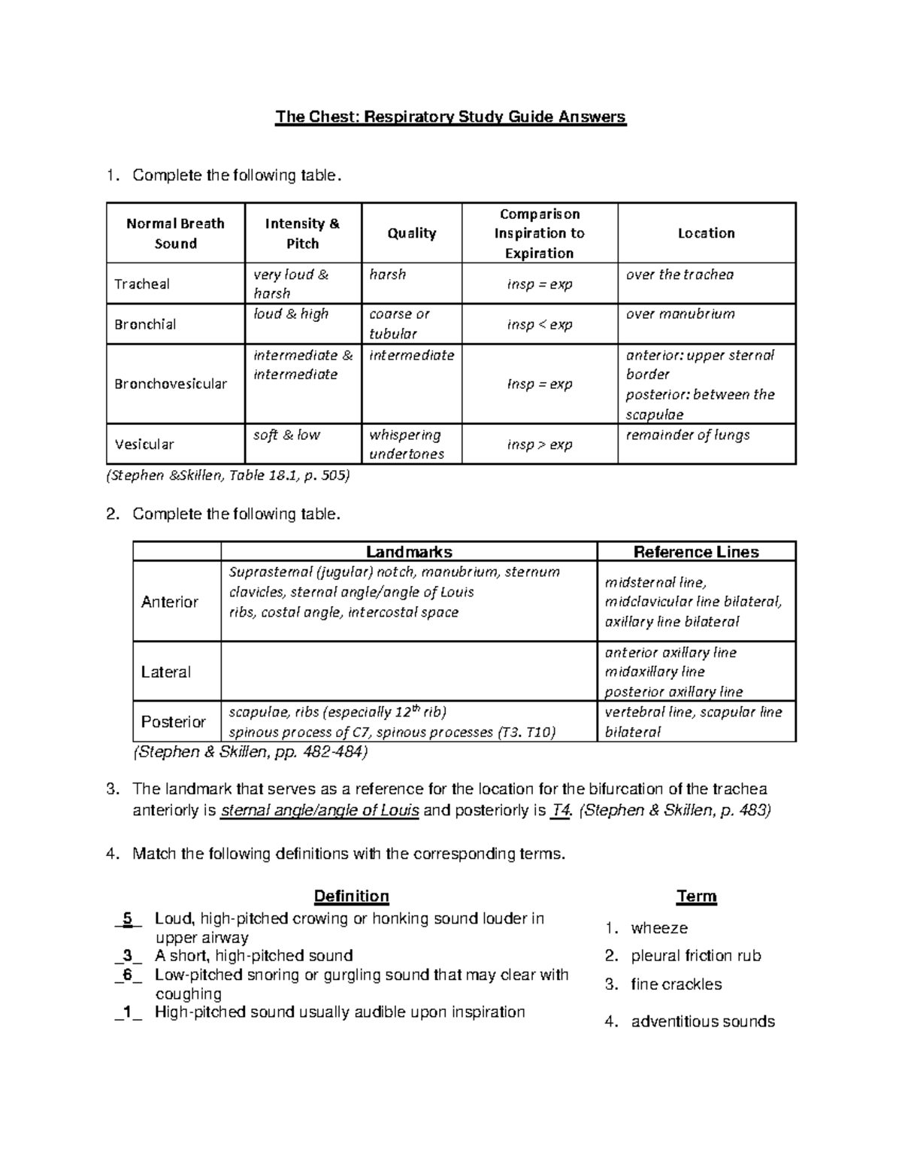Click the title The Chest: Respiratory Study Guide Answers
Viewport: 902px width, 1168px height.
coord(450,117)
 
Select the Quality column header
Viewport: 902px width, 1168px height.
coord(411,233)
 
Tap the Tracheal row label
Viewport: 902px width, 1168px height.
coord(142,284)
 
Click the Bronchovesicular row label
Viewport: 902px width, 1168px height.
coord(171,384)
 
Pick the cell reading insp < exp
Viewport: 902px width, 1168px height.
coord(539,324)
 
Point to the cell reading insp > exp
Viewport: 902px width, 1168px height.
coord(539,444)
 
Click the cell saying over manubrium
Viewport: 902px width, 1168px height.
coord(680,314)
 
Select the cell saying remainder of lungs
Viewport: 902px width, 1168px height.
coord(688,435)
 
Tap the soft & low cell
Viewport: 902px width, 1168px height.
coord(286,435)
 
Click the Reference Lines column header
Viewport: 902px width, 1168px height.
coord(696,552)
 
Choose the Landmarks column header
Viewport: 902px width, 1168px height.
coord(409,552)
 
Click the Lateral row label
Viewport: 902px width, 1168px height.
coord(166,672)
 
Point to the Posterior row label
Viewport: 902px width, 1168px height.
coord(174,722)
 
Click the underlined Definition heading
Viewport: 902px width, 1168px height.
coord(351,896)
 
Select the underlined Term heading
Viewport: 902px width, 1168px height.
coord(696,896)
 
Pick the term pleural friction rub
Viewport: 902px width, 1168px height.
coord(696,956)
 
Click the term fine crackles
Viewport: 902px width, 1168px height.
coord(676,984)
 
